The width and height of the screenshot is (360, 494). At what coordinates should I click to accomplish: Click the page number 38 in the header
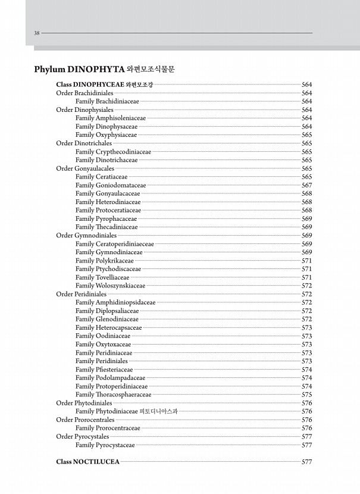37,33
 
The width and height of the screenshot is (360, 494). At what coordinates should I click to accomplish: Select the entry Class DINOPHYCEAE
89,85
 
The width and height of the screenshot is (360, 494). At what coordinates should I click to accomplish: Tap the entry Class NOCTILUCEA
87,462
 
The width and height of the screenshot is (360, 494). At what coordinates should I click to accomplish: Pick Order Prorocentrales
85,420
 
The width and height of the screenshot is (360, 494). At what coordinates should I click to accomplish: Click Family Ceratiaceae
101,177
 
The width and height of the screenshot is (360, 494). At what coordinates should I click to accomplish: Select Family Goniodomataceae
110,186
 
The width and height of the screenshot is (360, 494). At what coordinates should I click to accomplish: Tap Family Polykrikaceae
104,261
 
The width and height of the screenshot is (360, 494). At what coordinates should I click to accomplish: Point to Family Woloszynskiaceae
110,286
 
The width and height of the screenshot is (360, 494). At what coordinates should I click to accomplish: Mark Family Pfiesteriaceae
104,370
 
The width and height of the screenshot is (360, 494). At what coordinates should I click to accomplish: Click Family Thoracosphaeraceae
113,395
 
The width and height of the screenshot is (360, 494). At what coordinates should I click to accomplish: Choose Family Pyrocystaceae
105,445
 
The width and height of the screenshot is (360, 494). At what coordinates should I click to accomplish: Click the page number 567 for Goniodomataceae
306,186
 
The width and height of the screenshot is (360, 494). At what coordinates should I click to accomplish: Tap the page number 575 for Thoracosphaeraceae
306,395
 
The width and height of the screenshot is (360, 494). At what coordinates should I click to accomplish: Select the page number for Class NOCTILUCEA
306,462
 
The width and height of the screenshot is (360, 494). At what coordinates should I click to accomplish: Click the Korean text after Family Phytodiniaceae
158,411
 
